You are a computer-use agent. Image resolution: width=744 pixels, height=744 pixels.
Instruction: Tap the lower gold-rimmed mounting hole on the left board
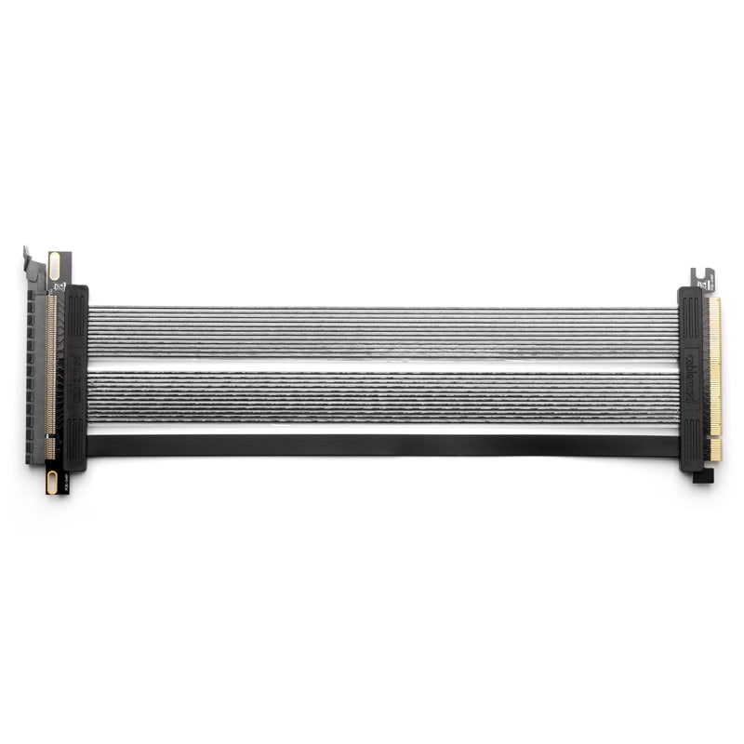click(53, 482)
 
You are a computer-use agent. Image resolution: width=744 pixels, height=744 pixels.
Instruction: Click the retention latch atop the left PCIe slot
click(31, 266)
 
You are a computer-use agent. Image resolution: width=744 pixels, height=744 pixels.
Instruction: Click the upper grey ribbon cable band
click(381, 332)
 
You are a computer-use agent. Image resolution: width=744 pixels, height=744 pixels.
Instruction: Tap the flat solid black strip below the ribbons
click(381, 445)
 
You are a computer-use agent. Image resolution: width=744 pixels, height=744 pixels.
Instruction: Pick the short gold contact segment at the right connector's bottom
click(714, 451)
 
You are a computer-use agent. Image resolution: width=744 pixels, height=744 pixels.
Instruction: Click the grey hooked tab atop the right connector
click(703, 276)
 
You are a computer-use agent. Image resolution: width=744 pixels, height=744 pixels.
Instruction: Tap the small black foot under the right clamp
click(700, 476)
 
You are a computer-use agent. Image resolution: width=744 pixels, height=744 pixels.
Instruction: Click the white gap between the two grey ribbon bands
click(381, 365)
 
